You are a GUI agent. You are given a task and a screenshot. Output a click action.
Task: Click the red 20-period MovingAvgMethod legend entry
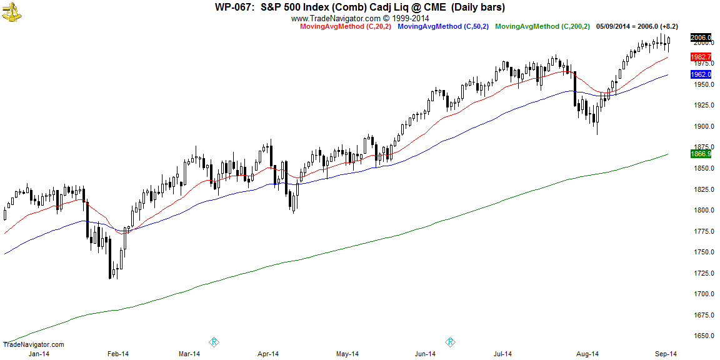point(346,26)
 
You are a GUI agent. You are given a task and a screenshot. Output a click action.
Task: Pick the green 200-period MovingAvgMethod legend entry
point(542,26)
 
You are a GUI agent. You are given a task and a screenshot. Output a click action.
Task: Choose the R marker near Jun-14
point(449,342)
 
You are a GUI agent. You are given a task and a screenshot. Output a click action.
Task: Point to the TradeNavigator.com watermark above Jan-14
point(33,344)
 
